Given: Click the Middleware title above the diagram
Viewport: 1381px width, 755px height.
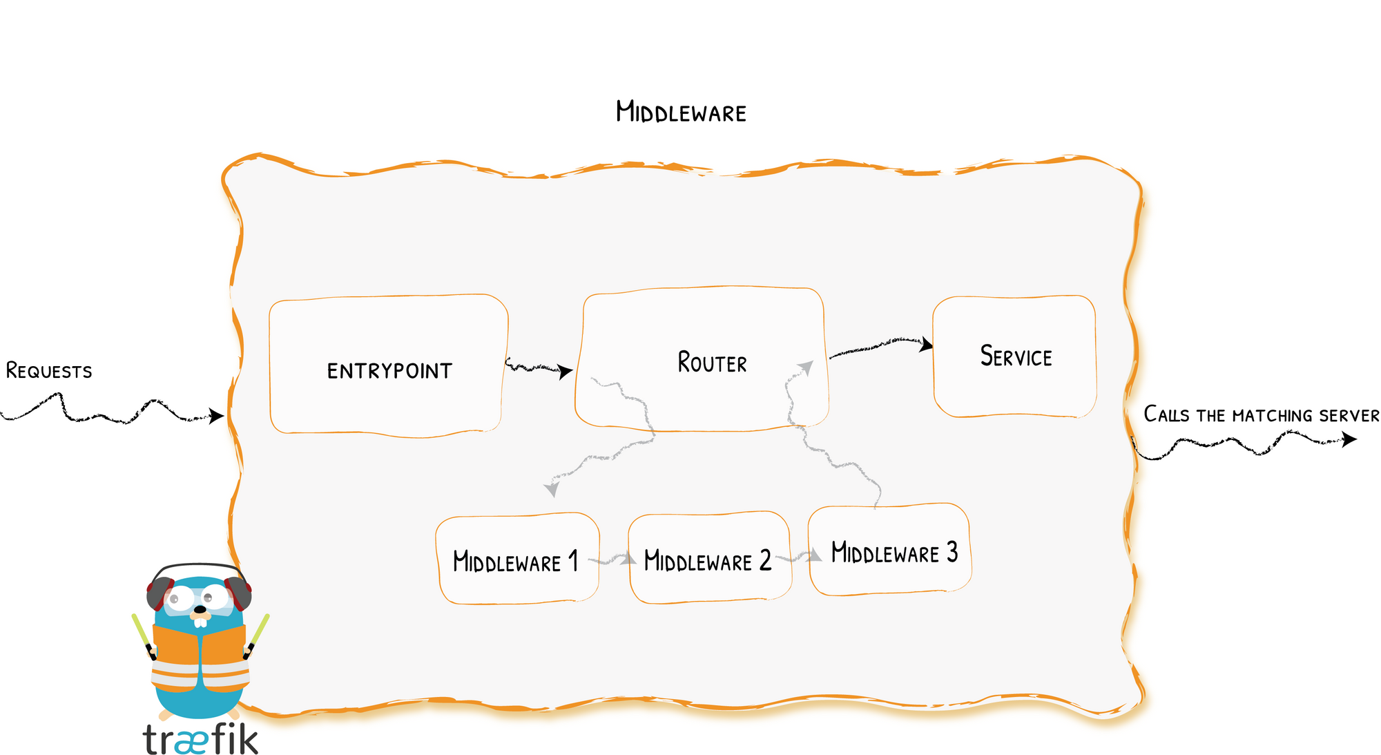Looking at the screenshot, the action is (681, 112).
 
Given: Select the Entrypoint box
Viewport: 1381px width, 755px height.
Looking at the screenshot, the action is (389, 366).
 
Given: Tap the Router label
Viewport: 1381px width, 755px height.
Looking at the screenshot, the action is (712, 363).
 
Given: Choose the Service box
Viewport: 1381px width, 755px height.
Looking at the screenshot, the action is (1014, 356).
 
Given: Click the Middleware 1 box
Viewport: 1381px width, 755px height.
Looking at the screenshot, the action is (517, 558).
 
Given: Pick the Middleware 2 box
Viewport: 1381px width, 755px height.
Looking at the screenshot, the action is (710, 557).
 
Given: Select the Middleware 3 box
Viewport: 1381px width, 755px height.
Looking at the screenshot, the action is (890, 550).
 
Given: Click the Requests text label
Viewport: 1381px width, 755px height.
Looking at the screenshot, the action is (49, 371).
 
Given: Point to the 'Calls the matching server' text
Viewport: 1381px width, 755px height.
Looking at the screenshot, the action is (1262, 414).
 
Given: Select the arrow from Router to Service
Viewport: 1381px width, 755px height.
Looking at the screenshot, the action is (881, 346).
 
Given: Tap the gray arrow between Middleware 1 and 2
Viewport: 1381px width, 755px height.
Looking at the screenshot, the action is (613, 560).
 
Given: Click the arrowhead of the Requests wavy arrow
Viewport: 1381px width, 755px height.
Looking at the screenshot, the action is (217, 415).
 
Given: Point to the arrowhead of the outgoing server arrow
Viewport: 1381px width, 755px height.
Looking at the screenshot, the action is (1349, 439).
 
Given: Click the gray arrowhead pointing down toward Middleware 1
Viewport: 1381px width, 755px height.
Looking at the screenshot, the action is (551, 489).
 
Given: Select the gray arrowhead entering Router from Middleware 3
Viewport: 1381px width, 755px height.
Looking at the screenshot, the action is (806, 367).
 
